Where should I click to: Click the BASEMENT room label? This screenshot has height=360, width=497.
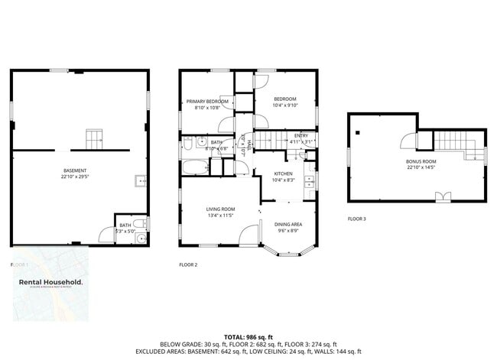[x=75, y=170]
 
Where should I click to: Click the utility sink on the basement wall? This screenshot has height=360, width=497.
[x=141, y=181]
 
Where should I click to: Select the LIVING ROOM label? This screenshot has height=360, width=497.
[x=220, y=209]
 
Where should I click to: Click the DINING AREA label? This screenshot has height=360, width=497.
[x=287, y=224]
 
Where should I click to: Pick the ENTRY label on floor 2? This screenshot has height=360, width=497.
[x=301, y=135]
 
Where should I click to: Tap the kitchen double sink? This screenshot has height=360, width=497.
[x=308, y=182]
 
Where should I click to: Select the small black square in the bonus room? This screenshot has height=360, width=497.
[x=357, y=132]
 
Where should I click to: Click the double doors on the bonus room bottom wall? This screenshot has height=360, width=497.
[x=442, y=196]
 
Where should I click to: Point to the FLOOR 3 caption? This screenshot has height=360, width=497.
[x=356, y=219]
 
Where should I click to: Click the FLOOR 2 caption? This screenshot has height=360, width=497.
[x=187, y=264]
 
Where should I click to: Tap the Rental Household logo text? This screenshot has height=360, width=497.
[x=51, y=282]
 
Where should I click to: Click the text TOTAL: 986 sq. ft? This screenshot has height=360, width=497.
[x=248, y=336]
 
